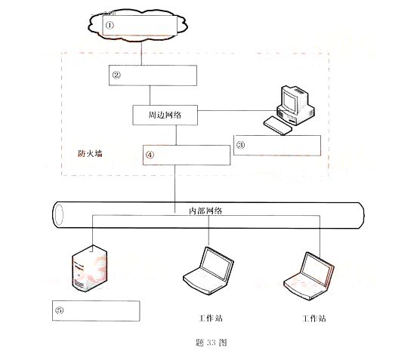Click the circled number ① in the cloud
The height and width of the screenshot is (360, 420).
point(110,25)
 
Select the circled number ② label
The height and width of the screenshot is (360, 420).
point(116,75)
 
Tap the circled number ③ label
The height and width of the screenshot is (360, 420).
point(240,145)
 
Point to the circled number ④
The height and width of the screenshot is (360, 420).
point(150,155)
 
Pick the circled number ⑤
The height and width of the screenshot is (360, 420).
point(59,310)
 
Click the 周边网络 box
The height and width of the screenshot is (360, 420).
point(165,115)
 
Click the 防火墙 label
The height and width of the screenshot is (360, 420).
point(90,154)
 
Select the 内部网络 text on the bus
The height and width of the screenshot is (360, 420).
point(205,211)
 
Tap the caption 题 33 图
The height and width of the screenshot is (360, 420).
point(212,343)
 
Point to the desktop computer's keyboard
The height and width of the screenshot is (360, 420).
point(277,125)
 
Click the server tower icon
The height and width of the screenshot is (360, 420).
point(89,268)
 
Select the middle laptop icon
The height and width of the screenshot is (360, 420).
point(208,271)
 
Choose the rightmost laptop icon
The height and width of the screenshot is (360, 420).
point(309,275)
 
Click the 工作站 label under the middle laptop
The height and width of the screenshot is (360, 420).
point(211,318)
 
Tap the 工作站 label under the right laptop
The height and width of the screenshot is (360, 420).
point(314,318)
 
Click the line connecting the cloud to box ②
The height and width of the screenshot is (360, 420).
point(141,53)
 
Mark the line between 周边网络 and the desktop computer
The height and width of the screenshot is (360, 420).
point(238,110)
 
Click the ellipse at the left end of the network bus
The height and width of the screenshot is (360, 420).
point(59,215)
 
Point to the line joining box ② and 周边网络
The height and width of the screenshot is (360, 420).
point(150,95)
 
